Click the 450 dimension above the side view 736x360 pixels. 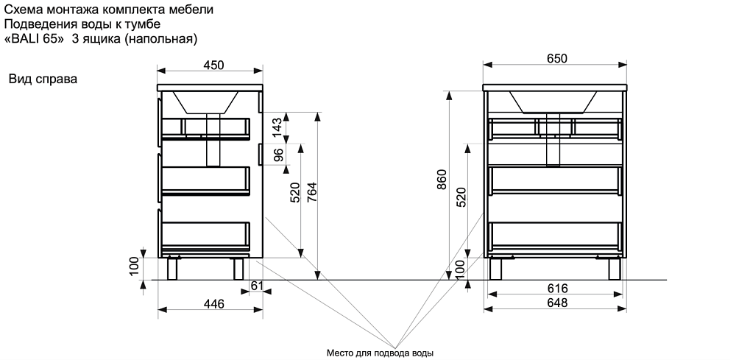tap(213, 66)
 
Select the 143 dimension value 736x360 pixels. tap(277, 126)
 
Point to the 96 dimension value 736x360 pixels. tap(277, 155)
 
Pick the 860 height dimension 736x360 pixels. tap(442, 181)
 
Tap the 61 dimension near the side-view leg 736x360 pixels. tap(257, 286)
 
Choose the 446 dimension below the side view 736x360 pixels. tap(213, 302)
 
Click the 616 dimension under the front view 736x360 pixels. tap(556, 288)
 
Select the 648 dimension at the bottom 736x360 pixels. tap(556, 302)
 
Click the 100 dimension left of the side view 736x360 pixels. tap(134, 266)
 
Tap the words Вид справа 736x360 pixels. tap(43, 79)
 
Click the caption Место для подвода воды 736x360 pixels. tap(380, 353)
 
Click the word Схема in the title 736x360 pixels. tap(22, 10)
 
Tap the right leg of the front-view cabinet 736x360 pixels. tap(613, 268)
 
